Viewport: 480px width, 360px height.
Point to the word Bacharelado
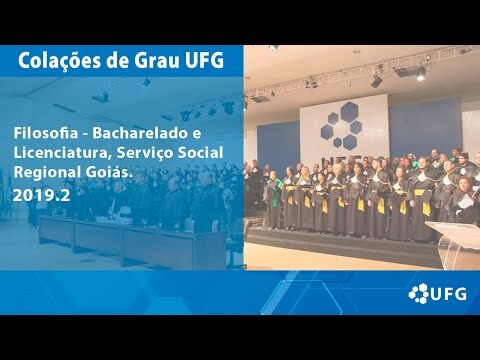click(x=138, y=133)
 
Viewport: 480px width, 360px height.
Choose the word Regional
click(x=44, y=173)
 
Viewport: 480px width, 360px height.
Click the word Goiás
click(x=106, y=172)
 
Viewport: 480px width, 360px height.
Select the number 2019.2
click(x=42, y=196)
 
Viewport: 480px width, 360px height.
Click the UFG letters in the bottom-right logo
click(x=448, y=294)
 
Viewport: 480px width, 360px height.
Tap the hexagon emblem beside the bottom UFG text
click(x=418, y=293)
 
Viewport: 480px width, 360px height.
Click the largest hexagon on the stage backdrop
click(x=349, y=111)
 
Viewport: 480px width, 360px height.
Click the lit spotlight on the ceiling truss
click(x=421, y=75)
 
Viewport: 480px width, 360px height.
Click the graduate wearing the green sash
click(x=274, y=199)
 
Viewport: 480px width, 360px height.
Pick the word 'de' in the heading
click(x=121, y=61)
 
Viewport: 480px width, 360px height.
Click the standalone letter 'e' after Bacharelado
click(x=197, y=134)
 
